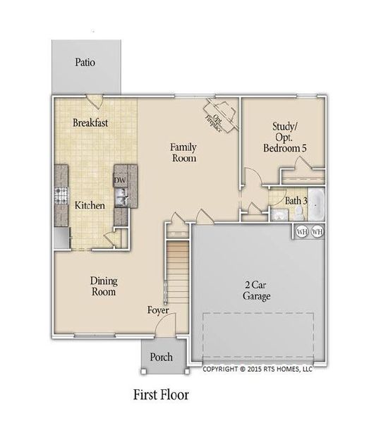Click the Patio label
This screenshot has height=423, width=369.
(x=85, y=63)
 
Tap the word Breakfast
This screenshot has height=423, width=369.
(x=90, y=123)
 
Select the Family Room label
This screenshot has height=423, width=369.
(x=183, y=153)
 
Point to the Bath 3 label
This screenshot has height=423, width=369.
(x=296, y=201)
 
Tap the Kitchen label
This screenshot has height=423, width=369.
(x=90, y=206)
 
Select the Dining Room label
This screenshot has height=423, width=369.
(x=103, y=286)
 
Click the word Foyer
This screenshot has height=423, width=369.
(x=158, y=310)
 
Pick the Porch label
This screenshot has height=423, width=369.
(x=161, y=357)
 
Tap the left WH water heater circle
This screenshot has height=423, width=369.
(x=302, y=231)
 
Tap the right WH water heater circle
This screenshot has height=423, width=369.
(x=317, y=231)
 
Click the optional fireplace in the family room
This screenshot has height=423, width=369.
(x=219, y=115)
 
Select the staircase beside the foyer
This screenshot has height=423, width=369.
(x=177, y=271)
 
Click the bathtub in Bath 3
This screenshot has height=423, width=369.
(x=317, y=204)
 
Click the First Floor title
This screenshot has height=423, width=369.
(x=161, y=393)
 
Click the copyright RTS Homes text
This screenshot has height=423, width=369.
(x=257, y=369)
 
